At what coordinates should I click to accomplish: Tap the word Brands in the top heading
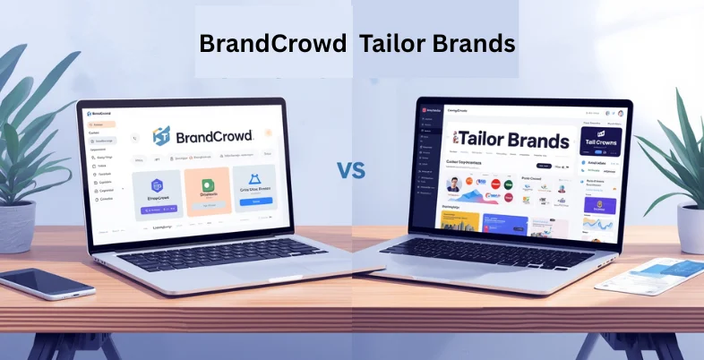(474, 44)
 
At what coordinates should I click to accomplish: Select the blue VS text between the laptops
(352, 169)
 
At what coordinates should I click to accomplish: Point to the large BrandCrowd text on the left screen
(215, 136)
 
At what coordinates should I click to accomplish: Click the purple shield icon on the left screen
(159, 184)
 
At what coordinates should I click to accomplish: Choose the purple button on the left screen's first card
(159, 210)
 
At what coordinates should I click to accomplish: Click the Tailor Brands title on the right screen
(512, 141)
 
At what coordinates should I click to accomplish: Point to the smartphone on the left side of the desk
(47, 284)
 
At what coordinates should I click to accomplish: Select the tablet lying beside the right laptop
(651, 277)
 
